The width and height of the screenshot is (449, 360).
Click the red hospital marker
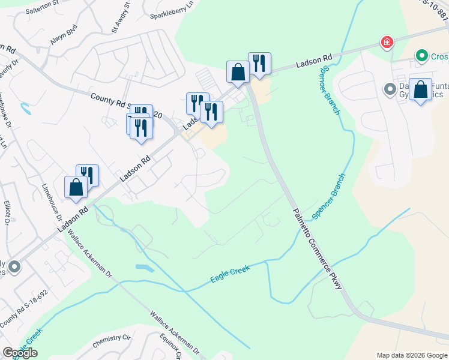click(x=388, y=42)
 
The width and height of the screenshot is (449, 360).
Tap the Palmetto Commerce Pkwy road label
click(x=316, y=249)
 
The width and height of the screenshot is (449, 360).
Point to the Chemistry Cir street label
click(x=112, y=341)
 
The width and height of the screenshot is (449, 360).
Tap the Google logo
click(x=20, y=352)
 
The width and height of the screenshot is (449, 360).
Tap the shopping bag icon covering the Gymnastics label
click(x=421, y=89)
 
